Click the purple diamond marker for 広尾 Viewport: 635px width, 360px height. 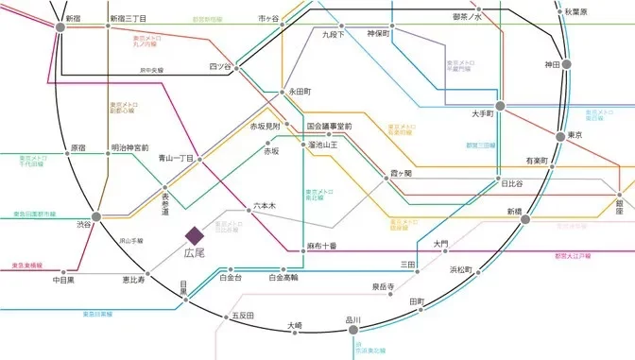[x=194, y=233]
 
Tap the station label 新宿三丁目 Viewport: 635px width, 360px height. [x=128, y=18]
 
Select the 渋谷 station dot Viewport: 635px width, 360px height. [x=96, y=216]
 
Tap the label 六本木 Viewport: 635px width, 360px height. [x=265, y=204]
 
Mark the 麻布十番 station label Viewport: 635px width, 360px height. [x=322, y=246]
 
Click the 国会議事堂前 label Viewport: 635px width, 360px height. [x=329, y=126]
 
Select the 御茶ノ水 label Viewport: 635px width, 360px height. [x=467, y=16]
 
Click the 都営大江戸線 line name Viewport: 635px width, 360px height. [x=572, y=256]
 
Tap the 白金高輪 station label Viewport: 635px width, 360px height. [x=283, y=279]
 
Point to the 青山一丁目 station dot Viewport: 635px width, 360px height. [x=200, y=159]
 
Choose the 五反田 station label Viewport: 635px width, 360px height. [x=243, y=314]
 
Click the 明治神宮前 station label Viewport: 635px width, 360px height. [x=129, y=148]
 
